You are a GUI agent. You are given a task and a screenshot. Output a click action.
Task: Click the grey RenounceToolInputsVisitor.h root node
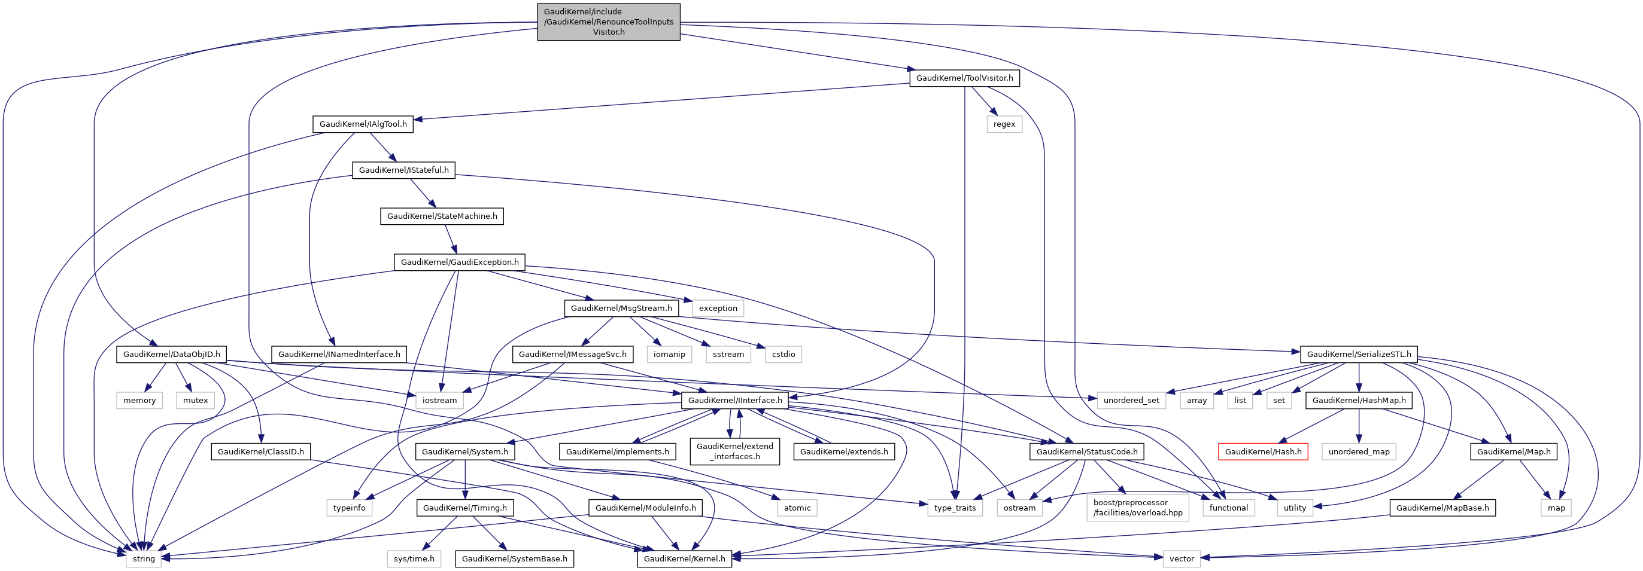tap(609, 22)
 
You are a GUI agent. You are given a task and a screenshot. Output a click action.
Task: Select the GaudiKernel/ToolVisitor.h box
tap(964, 78)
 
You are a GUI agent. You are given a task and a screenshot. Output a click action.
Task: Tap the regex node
tap(1004, 124)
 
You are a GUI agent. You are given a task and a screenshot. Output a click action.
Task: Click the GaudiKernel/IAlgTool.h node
tap(363, 124)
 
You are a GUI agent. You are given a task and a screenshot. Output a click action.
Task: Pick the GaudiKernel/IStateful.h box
tap(404, 170)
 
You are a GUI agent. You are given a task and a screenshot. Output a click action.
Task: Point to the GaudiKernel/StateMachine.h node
tap(442, 216)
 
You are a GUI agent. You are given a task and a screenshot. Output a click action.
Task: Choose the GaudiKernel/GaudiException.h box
tap(459, 262)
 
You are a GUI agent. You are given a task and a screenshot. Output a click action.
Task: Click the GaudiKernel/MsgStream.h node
tap(621, 309)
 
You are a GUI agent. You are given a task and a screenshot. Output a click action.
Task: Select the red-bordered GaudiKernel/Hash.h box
tap(1263, 452)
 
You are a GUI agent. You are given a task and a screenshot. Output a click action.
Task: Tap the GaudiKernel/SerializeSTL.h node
tap(1359, 355)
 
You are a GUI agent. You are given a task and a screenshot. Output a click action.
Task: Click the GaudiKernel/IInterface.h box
tap(735, 400)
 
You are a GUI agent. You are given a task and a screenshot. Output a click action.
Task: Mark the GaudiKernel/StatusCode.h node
tap(1086, 452)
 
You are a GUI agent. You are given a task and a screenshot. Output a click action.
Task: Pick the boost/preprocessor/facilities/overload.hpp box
tap(1138, 508)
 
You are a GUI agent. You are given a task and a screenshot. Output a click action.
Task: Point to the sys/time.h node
tap(414, 559)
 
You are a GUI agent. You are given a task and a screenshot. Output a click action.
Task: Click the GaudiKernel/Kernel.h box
tap(684, 559)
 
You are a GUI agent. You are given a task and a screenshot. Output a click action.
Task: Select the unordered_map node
tap(1359, 452)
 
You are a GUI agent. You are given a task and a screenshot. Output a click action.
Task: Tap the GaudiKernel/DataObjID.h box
tap(172, 355)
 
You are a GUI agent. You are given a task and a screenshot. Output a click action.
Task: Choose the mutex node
tap(195, 400)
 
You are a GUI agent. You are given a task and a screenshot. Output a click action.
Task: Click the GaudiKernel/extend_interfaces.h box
tap(735, 452)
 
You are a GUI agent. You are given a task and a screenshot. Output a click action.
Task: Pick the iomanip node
tap(669, 355)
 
